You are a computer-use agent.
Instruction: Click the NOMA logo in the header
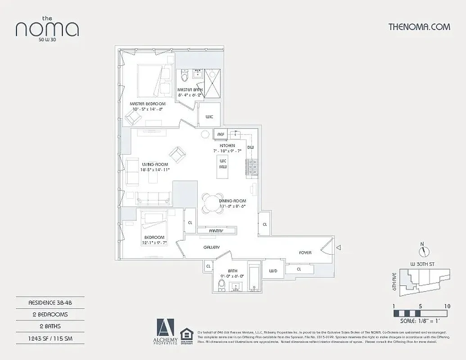coord(47,28)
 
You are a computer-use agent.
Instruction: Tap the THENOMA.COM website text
coord(419,27)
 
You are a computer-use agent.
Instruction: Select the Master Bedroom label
coord(148,103)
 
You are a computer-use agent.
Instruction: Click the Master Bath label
coord(190,90)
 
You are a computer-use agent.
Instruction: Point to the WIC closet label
coord(209,117)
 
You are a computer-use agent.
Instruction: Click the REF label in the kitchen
coord(221,135)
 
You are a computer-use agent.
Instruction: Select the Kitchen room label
coord(227,146)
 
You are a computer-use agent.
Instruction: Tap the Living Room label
coord(155,164)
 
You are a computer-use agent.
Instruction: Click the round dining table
coord(210,203)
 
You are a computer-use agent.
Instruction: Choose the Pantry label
coord(216,231)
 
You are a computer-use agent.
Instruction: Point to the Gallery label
coord(211,247)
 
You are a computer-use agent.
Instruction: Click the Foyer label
coord(305,252)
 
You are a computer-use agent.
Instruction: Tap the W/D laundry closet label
coord(273,270)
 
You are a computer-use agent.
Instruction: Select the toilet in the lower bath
coord(221,285)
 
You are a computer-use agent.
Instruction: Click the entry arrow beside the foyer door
coord(339,247)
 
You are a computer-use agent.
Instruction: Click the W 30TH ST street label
coord(422,263)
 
